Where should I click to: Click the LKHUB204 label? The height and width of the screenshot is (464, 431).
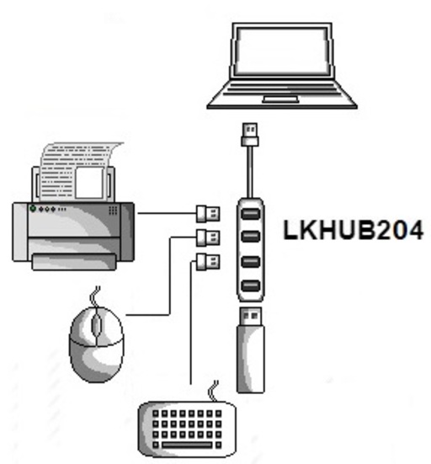point(354,230)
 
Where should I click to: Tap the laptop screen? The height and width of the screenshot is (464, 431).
point(281,51)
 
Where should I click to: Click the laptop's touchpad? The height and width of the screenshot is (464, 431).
point(280,99)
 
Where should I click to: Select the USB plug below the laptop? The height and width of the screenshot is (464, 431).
point(250,135)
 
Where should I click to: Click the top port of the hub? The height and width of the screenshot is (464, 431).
point(251,214)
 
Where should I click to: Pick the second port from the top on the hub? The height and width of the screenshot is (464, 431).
point(251,236)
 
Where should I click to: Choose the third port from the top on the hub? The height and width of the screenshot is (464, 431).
point(251,262)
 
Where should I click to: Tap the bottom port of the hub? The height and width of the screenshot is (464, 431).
point(251,285)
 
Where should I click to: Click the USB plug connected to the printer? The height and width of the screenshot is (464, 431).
point(208,214)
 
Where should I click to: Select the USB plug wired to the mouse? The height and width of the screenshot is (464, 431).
point(208,238)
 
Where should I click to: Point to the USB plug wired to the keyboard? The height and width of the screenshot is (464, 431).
point(208,262)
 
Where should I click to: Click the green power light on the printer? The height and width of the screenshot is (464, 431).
point(33,209)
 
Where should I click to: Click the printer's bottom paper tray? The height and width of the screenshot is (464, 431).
point(74,262)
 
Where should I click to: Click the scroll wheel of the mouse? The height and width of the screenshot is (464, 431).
point(96,323)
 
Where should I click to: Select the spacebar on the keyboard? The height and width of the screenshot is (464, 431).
point(187,445)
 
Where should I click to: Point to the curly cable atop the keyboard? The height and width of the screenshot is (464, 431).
point(214,392)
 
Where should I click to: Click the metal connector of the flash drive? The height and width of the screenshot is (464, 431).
point(250,316)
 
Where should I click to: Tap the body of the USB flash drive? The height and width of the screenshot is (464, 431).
point(251,359)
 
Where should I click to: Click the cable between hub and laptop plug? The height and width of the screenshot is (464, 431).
point(250,172)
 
